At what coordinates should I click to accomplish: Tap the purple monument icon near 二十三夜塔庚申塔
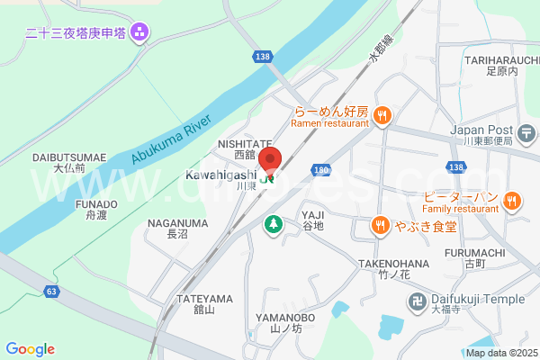click(x=139, y=34)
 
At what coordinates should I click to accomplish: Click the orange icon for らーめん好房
click(x=382, y=113)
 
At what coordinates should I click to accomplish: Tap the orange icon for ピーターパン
click(x=512, y=201)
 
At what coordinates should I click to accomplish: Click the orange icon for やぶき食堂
click(x=381, y=226)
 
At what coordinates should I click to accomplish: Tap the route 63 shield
click(x=52, y=292)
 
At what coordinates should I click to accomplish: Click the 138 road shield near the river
click(x=263, y=57)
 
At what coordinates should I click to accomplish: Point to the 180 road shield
click(x=322, y=169)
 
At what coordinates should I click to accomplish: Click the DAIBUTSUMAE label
click(x=69, y=157)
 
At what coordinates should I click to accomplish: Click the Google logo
click(x=30, y=349)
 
